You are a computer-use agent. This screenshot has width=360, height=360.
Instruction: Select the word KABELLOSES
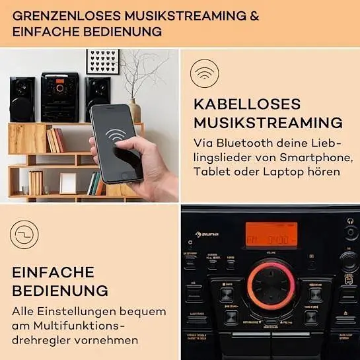247,104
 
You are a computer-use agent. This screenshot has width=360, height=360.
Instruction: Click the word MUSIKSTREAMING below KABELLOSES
268,123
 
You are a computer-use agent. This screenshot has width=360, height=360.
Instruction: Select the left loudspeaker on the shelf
22,98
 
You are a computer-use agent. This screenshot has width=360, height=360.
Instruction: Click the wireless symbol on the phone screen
118,135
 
